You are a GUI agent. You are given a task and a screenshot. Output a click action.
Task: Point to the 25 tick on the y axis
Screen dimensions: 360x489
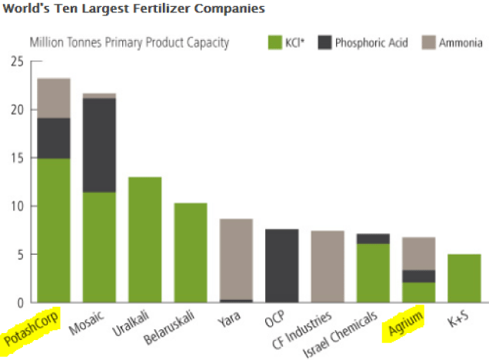(x=16, y=62)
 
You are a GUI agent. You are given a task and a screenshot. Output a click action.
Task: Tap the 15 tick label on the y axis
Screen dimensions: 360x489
(x=16, y=158)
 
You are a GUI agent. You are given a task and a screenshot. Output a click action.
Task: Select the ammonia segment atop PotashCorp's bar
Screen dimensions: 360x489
(x=54, y=98)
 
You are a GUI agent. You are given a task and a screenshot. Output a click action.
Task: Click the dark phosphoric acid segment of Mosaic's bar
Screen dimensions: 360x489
(x=99, y=145)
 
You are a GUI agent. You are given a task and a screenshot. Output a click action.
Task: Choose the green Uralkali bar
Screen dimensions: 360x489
(x=145, y=239)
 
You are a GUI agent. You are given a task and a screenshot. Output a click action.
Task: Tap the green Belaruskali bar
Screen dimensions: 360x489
(x=190, y=252)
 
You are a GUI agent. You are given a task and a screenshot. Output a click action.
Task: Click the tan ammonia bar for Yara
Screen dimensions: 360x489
(x=235, y=258)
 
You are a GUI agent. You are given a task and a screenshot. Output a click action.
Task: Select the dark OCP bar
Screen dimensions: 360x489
(x=281, y=265)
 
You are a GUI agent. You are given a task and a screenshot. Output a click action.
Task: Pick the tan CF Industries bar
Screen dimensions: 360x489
(x=326, y=266)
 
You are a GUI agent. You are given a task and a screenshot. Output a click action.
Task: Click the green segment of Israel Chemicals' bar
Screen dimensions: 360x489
(x=372, y=272)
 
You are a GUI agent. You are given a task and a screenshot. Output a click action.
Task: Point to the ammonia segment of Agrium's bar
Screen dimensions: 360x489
(x=417, y=253)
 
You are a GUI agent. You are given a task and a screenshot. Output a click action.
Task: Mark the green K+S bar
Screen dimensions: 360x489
(x=463, y=278)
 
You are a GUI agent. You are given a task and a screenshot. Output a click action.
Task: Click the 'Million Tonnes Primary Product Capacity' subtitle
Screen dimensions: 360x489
(x=129, y=42)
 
